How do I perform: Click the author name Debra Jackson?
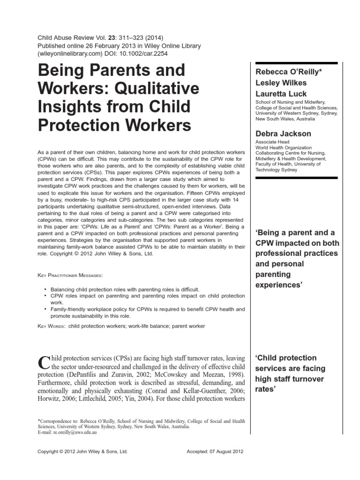click(283, 134)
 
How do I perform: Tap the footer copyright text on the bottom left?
click(82, 452)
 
